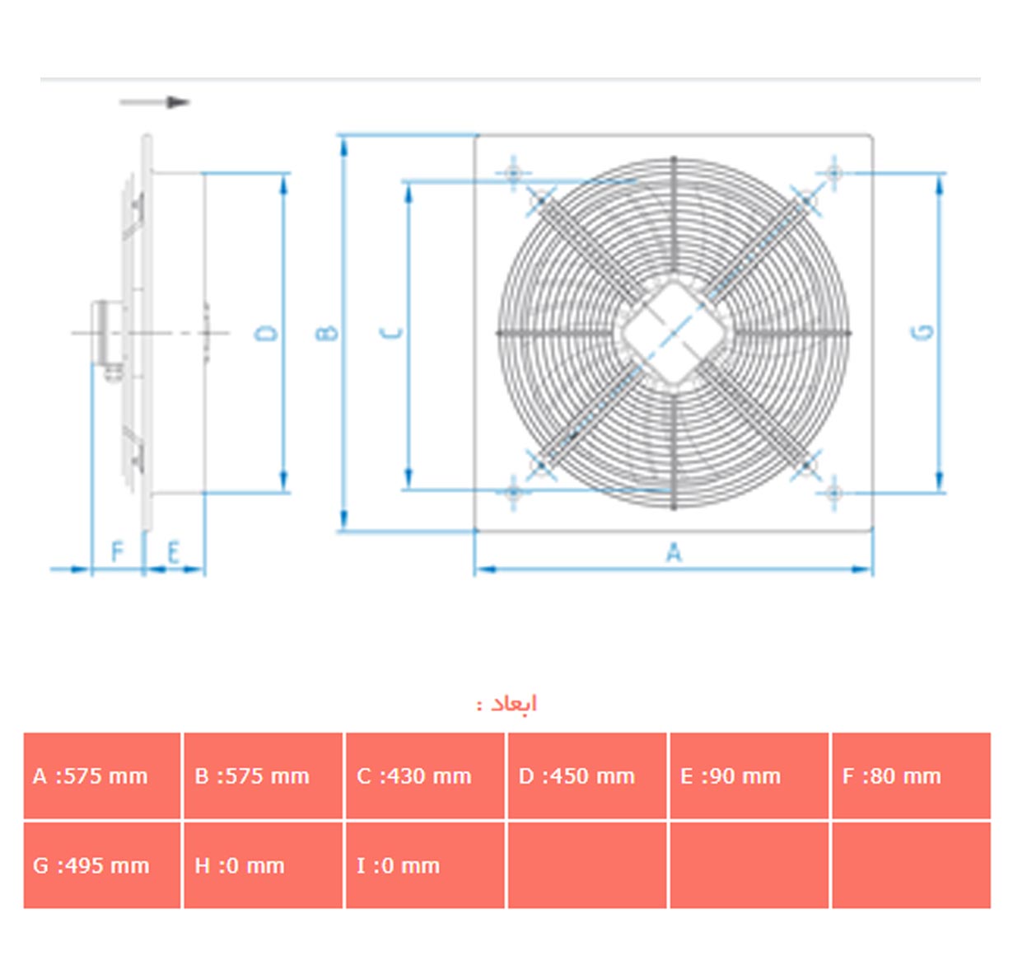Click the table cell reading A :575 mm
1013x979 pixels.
pos(101,775)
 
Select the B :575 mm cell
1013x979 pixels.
pos(263,775)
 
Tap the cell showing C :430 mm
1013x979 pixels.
pos(425,775)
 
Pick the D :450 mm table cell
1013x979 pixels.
pos(586,775)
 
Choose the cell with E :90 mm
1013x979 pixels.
pos(749,775)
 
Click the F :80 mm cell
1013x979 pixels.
pos(911,775)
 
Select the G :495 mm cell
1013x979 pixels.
pos(101,865)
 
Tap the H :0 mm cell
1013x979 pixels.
pos(263,865)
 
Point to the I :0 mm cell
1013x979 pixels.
pos(425,865)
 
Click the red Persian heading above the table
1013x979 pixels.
pos(506,704)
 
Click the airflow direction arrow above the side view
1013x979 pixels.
pos(155,102)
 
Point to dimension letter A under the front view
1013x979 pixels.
pos(674,552)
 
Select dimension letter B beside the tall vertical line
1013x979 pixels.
pos(327,333)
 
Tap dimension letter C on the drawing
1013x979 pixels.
pos(393,333)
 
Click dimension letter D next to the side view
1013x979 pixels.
pos(266,333)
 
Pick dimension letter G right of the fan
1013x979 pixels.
pos(923,332)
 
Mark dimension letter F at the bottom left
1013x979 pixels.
pos(118,551)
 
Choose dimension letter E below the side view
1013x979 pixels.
pos(173,552)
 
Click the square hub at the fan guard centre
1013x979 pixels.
pos(673,333)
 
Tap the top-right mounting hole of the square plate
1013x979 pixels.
pos(834,172)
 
